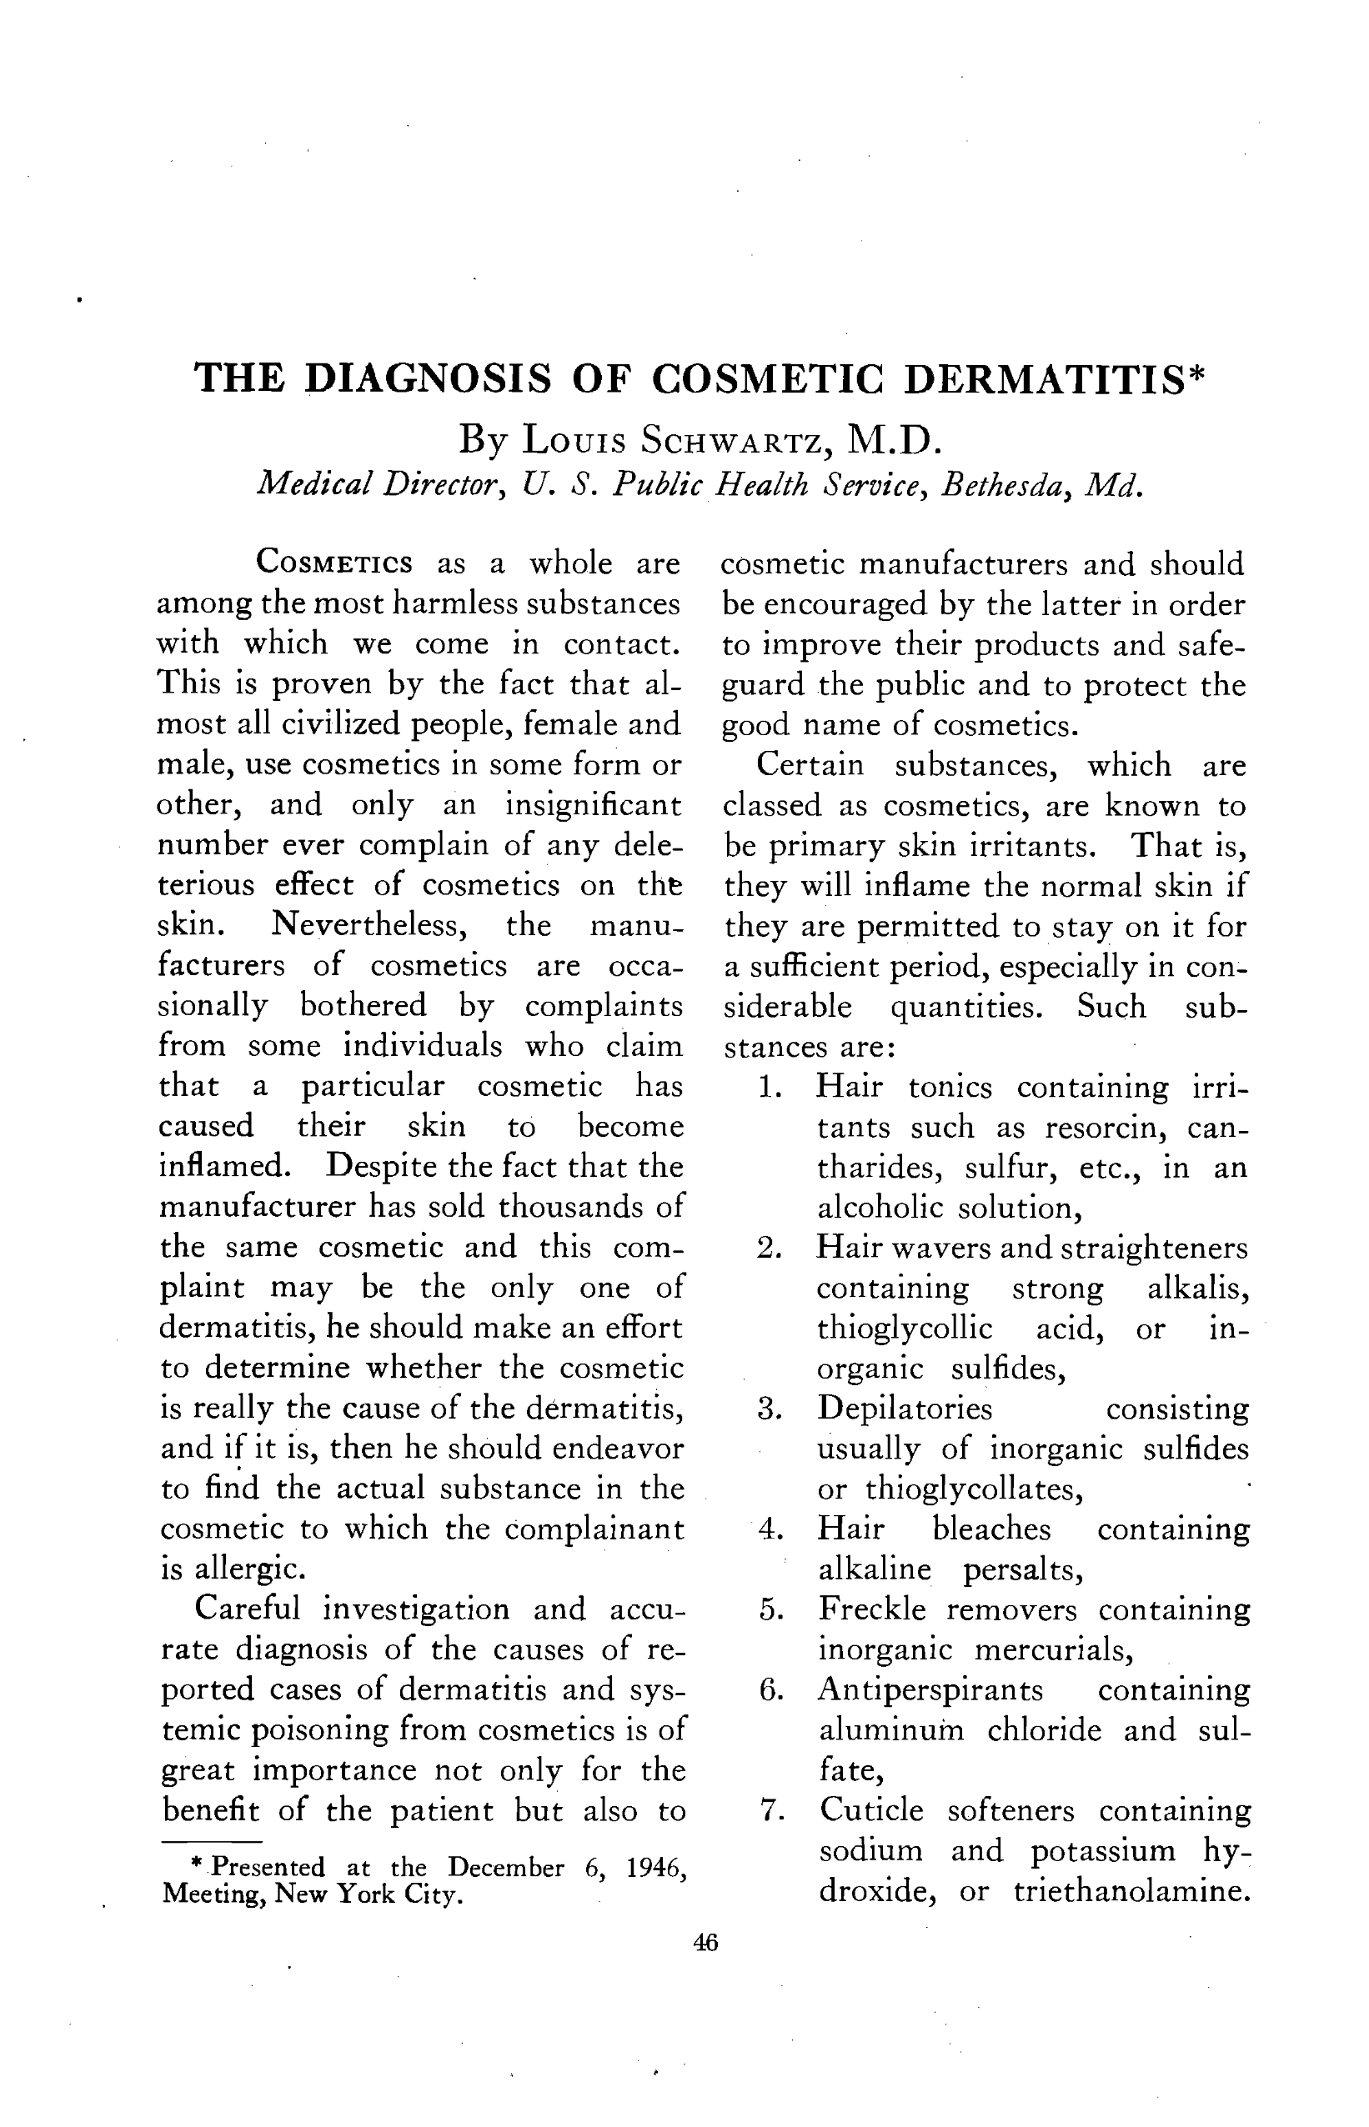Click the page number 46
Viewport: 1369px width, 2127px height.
point(705,1943)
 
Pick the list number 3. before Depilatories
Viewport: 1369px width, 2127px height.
point(770,1410)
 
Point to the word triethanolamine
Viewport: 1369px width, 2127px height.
point(1131,1890)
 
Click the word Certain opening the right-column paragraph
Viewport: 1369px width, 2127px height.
point(810,765)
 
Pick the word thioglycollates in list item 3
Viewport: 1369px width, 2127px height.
point(974,1489)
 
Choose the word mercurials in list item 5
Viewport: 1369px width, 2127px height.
point(1053,1650)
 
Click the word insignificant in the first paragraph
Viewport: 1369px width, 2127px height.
point(593,804)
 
